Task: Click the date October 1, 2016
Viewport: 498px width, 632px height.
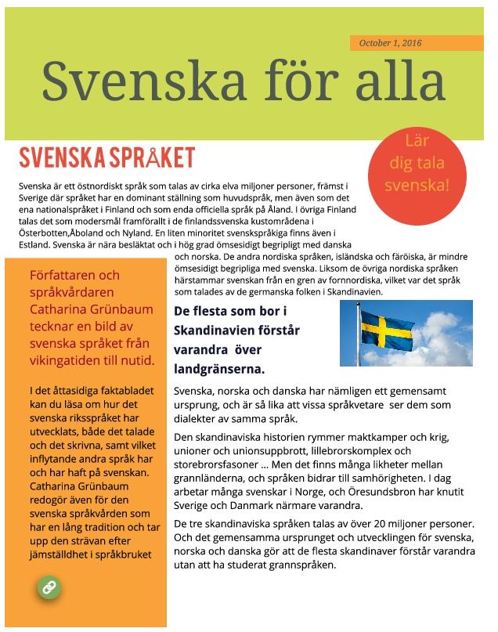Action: pos(390,43)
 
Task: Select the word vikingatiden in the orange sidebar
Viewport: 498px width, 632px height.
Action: pos(62,361)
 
